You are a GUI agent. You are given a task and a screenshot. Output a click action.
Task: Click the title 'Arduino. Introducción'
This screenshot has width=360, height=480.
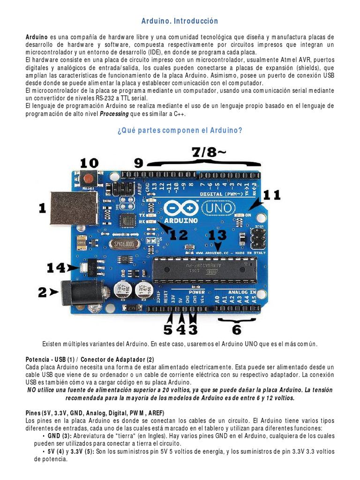[180, 22]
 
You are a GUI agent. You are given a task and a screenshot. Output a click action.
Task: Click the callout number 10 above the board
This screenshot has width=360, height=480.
[89, 163]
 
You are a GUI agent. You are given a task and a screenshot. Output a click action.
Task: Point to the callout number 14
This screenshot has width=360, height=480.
[56, 268]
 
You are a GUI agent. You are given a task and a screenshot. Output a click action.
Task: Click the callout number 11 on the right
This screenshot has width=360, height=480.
[272, 195]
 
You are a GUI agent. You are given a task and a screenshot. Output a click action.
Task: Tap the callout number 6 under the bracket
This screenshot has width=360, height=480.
[237, 330]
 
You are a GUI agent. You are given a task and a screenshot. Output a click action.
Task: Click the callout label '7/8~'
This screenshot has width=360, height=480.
[208, 152]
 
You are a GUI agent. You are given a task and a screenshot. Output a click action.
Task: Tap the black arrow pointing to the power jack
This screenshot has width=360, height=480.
[54, 292]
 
